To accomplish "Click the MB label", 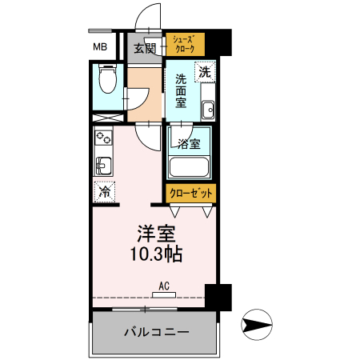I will (100, 47).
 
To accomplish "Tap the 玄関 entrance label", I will (145, 48).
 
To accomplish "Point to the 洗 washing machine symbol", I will (205, 72).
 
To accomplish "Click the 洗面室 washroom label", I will (181, 90).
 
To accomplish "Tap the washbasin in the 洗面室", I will (207, 110).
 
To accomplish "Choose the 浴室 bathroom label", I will (189, 145).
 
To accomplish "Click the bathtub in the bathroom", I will (190, 169).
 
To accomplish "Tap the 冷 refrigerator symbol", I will (104, 192).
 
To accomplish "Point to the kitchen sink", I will (103, 166).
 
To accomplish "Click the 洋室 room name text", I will (154, 235).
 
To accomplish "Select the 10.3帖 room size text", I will (154, 255).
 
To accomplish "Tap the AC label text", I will (163, 286).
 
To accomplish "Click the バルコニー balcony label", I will (155, 331).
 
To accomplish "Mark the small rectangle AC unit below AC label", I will (163, 294).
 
